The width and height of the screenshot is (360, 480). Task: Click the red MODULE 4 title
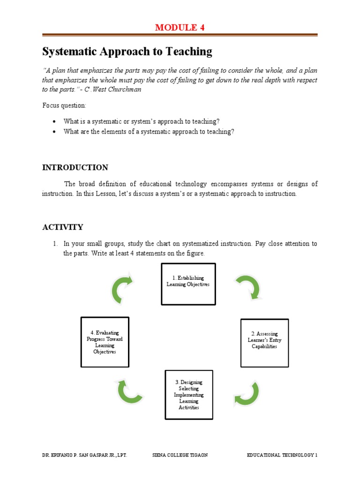[x=180, y=28]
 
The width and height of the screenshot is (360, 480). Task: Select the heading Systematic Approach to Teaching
[x=127, y=52]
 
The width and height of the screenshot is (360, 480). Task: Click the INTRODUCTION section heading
[x=75, y=167]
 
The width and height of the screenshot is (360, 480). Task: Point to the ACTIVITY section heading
[x=62, y=227]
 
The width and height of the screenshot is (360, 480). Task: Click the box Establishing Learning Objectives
[x=188, y=284]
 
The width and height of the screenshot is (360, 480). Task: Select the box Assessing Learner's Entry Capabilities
[x=264, y=343]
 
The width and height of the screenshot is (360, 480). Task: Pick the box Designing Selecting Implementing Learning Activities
[x=188, y=395]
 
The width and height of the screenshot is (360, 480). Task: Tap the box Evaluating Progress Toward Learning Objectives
[x=105, y=342]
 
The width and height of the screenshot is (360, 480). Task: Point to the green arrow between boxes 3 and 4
[x=129, y=391]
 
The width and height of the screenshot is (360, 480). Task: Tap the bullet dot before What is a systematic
[x=56, y=121]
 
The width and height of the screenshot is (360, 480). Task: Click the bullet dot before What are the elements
[x=56, y=132]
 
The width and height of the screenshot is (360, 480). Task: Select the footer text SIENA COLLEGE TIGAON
[x=180, y=455]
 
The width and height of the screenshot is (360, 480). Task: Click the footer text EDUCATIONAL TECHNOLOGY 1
[x=282, y=455]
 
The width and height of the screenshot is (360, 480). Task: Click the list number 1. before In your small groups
[x=54, y=244]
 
